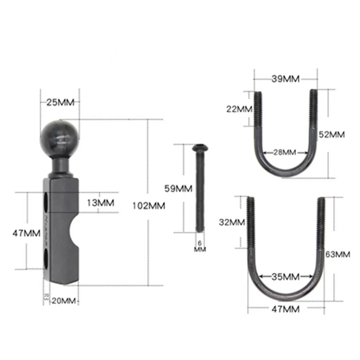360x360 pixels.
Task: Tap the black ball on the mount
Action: point(60,138)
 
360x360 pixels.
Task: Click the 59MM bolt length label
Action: point(179,188)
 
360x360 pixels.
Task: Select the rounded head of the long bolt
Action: point(199,148)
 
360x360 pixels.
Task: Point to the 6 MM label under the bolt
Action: point(199,246)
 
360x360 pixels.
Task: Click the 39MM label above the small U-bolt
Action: point(286,78)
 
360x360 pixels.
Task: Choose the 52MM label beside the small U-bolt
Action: point(332,134)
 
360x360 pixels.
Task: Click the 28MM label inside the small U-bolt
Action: point(286,152)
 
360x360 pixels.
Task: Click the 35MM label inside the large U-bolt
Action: point(286,276)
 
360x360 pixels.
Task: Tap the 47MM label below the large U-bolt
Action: point(286,309)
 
